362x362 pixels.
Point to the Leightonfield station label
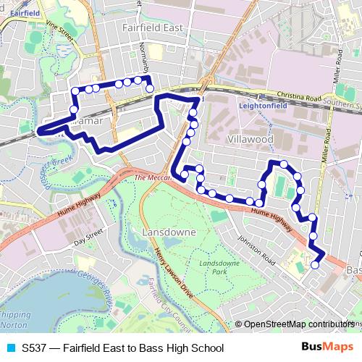tap(264, 104)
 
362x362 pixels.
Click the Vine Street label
tap(60, 33)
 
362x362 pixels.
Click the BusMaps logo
tap(327, 348)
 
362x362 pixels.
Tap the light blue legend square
tap(11, 348)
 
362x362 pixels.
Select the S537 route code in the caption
tap(34, 348)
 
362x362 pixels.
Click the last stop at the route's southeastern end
tap(315, 265)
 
